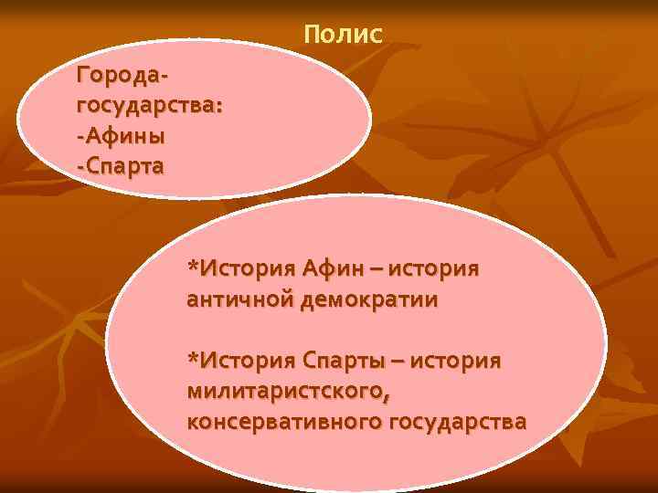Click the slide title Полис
(343, 35)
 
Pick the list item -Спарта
(122, 166)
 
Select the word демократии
(367, 299)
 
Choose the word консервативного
(284, 422)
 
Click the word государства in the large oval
(458, 422)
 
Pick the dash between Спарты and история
(399, 362)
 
